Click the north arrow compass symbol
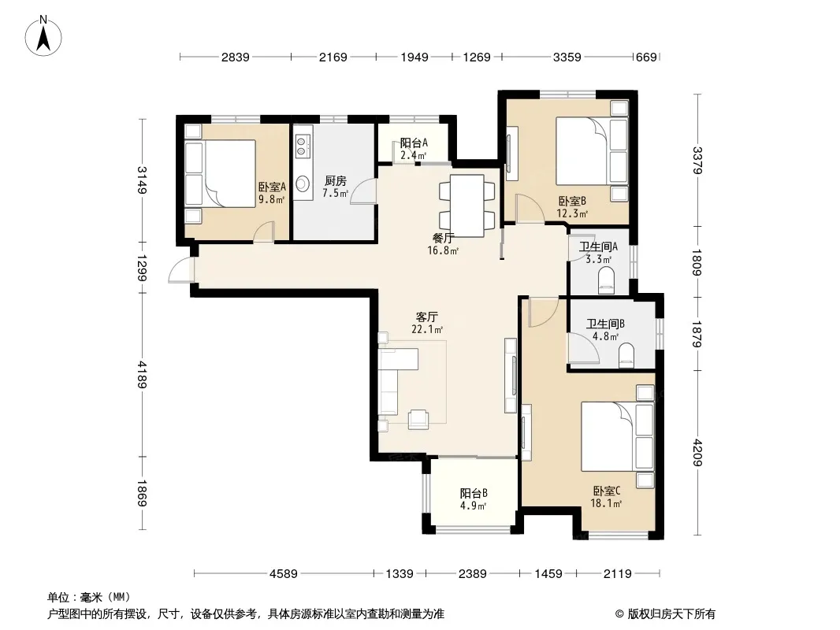[43, 35]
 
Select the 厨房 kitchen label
[336, 187]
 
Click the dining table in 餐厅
[466, 206]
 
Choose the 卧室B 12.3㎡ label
[573, 207]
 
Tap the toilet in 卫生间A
[606, 280]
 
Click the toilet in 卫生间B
[626, 356]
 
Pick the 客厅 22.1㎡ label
[427, 324]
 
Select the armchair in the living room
[418, 419]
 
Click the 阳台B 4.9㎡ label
[474, 499]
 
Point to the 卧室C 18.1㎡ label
[606, 497]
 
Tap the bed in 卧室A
[220, 173]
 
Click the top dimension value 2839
[235, 57]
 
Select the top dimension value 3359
[567, 57]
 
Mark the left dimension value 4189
[142, 374]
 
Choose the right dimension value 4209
[697, 452]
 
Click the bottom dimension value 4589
[284, 574]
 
